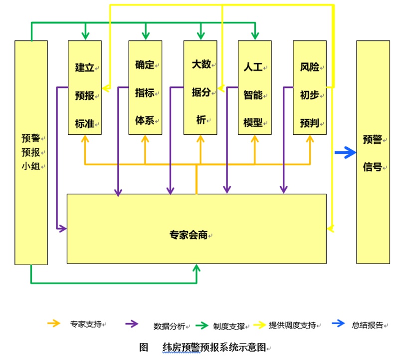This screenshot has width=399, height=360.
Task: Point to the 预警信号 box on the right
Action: [x=373, y=153]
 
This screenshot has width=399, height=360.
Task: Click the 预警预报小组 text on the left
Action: [x=31, y=152]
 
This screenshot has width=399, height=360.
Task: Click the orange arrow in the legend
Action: [x=53, y=324]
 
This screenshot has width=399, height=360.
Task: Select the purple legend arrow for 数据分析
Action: [x=133, y=324]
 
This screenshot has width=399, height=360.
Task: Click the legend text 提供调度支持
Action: [x=292, y=326]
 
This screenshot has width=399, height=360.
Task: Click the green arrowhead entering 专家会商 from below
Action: [x=197, y=269]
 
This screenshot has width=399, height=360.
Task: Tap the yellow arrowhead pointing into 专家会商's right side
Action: [x=330, y=229]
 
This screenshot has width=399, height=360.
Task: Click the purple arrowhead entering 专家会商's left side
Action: [x=63, y=229]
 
